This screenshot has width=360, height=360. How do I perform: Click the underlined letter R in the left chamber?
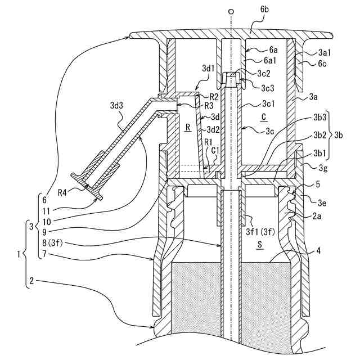click(188, 128)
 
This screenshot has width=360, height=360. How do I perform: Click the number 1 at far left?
click(19, 254)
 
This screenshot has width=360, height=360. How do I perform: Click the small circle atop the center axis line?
click(230, 11)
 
